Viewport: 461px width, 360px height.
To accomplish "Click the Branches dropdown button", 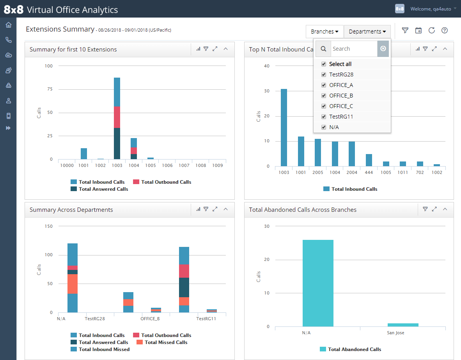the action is coord(324,32).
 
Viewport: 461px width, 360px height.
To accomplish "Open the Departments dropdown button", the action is coord(367,32).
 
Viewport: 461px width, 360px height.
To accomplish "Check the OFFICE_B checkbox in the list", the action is coord(324,96).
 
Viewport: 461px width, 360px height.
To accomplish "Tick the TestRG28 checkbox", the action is coord(324,74).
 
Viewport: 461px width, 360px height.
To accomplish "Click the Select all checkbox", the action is coord(324,64).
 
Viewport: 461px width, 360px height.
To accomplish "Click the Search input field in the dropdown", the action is coord(354,49).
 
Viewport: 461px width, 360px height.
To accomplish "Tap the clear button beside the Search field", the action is coord(383,48).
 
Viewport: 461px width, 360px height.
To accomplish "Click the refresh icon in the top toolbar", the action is coord(432,30).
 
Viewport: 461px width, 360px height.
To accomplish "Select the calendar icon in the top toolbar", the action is coord(418,30).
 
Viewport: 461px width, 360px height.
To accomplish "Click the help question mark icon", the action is coord(445,30).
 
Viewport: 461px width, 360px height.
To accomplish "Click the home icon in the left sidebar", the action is coord(9,25).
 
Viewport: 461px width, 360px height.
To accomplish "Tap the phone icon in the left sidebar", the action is coord(9,40).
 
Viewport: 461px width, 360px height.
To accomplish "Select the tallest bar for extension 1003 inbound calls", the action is coord(284,128).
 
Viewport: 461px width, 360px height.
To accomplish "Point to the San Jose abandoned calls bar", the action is coord(403,325).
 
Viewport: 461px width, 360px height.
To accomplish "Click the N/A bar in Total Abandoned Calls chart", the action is coord(318,283).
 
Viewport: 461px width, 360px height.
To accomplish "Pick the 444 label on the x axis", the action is coord(369,172).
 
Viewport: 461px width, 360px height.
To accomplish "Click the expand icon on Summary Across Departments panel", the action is coord(215,209).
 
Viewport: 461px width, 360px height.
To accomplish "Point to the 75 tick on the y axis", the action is coord(50,89).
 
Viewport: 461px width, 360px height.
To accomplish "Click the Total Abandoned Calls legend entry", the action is coord(351,349).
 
